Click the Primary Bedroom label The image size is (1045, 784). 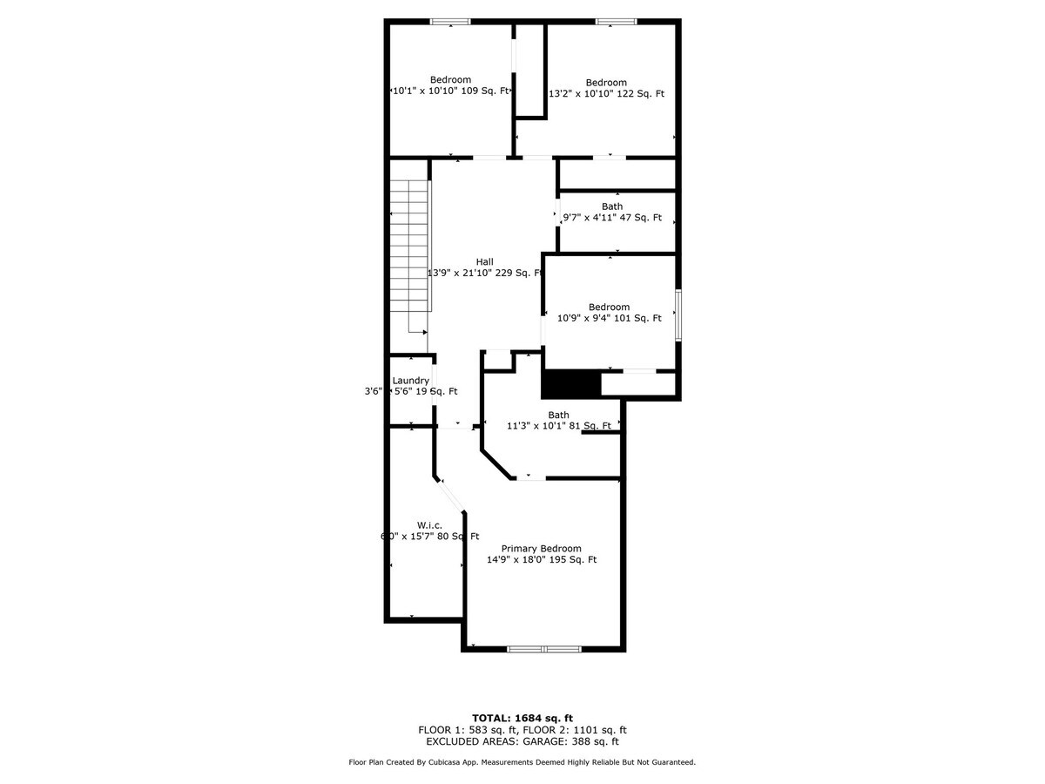(541, 548)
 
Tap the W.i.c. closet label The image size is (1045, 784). (429, 524)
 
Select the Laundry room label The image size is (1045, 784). (410, 380)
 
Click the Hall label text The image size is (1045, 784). (484, 261)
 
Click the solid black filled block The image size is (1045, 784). (571, 383)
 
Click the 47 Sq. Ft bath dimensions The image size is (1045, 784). (611, 218)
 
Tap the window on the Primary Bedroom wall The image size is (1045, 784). (544, 649)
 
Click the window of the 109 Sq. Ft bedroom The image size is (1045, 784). (450, 21)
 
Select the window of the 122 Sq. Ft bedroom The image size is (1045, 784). (616, 21)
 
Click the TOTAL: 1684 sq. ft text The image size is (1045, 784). (522, 717)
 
